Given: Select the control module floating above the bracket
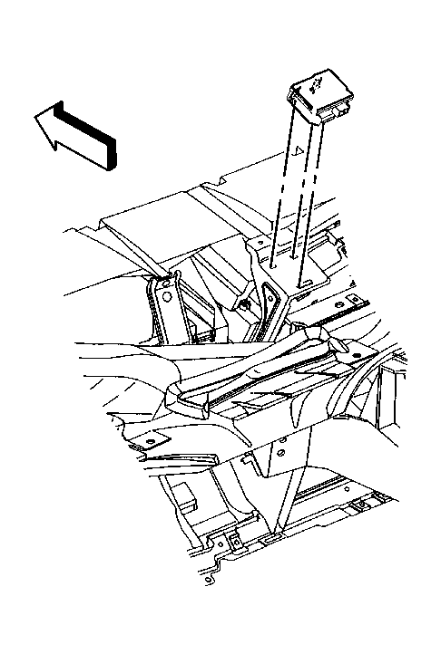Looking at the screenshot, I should click(x=322, y=96).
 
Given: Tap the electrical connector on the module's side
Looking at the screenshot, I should click(x=339, y=111).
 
